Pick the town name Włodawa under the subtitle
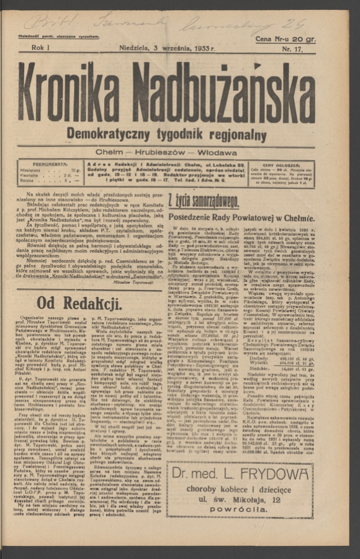coord(217,152)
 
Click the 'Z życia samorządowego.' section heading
coord(203,200)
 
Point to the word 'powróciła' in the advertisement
coord(239,509)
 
